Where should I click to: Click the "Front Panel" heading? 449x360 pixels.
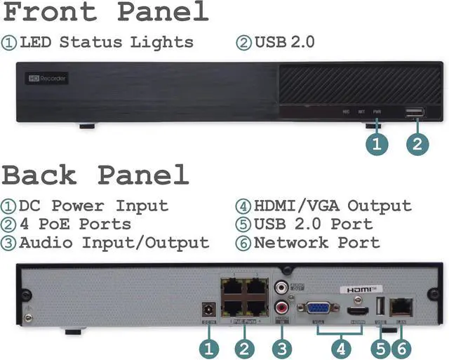pyautogui.click(x=105, y=13)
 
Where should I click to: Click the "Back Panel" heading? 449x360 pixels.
pyautogui.click(x=95, y=175)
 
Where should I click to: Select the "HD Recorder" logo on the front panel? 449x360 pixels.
pyautogui.click(x=48, y=79)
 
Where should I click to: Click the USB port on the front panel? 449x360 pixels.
pyautogui.click(x=414, y=112)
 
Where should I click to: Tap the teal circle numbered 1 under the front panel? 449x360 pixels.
pyautogui.click(x=377, y=145)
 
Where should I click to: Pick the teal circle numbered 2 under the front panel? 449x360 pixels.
pyautogui.click(x=417, y=145)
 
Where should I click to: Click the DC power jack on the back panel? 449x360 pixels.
pyautogui.click(x=207, y=309)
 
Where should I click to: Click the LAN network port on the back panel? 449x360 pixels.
pyautogui.click(x=402, y=307)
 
